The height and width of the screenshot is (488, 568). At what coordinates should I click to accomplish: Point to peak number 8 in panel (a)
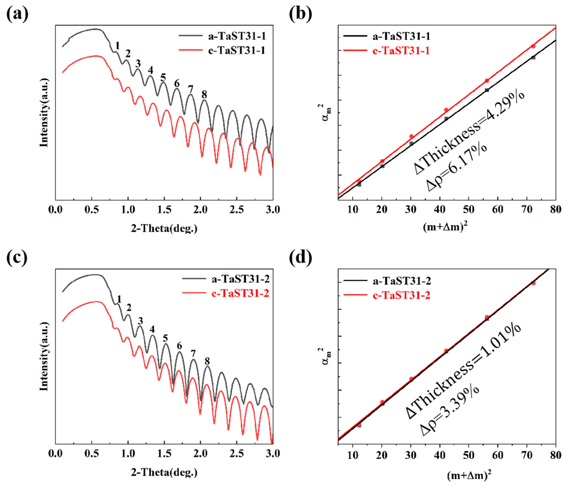point(204,95)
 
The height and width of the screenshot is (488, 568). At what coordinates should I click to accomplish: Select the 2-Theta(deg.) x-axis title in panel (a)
point(164,228)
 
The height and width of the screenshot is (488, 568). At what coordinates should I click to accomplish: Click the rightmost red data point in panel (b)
point(533,46)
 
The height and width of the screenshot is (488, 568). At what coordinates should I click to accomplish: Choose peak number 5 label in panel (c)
point(165,338)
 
